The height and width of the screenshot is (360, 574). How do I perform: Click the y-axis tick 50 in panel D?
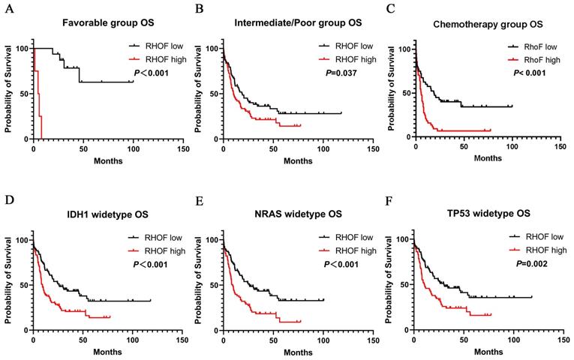[x=23, y=286]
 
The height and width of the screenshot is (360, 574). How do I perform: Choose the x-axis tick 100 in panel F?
[x=512, y=340]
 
